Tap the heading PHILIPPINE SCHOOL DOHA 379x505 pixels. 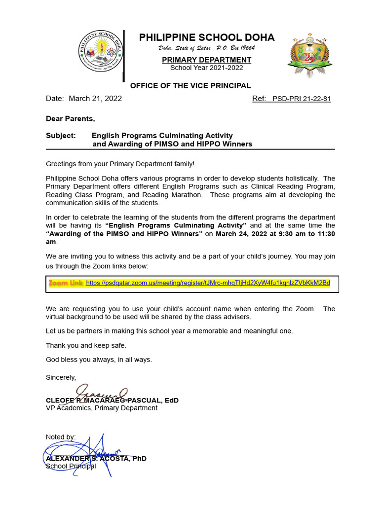coord(207,37)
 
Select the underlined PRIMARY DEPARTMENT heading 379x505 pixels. coord(207,60)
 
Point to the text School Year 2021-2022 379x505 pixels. coord(207,68)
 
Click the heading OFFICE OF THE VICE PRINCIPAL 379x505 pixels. coord(190,86)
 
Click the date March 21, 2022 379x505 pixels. coord(95,99)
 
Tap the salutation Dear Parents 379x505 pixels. coord(70,118)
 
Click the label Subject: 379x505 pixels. coord(61,135)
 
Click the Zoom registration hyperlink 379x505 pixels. coord(208,283)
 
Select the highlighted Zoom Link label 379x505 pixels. coord(66,283)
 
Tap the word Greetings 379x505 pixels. coord(62,163)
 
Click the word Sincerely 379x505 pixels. coord(61,377)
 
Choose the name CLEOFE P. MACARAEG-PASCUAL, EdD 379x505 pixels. coord(112,400)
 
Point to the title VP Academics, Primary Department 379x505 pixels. coord(102,408)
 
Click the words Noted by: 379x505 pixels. coord(61,437)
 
